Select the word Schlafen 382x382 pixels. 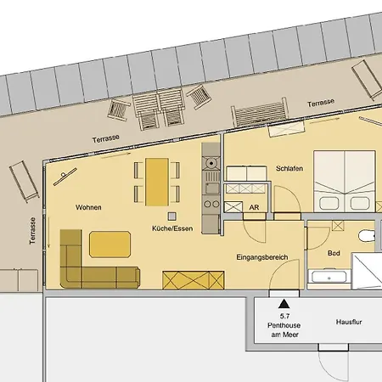289,169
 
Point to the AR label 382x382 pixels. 253,206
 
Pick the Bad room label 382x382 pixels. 334,254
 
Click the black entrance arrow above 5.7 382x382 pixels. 283,301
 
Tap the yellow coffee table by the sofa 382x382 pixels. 110,244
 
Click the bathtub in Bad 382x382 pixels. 327,277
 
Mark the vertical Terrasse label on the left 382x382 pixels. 32,230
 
